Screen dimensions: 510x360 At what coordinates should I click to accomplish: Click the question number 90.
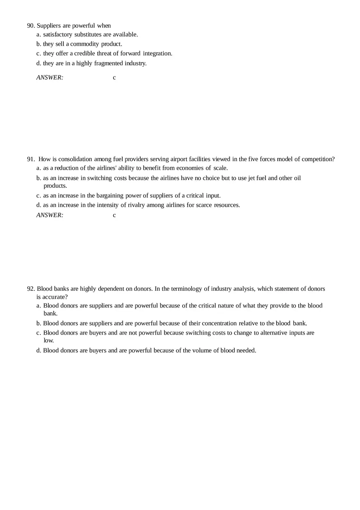point(31,26)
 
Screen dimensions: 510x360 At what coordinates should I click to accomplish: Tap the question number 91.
point(31,159)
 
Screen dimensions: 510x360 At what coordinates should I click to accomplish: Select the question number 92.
point(31,289)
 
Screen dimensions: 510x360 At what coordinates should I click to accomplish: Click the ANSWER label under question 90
point(50,77)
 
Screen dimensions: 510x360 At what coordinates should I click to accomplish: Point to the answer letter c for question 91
point(115,215)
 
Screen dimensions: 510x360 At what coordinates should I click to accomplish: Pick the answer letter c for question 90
point(115,77)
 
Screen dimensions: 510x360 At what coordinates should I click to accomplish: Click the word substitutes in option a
point(86,34)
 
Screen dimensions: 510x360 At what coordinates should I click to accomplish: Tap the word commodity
point(85,44)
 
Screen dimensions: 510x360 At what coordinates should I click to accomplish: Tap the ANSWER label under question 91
point(50,215)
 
